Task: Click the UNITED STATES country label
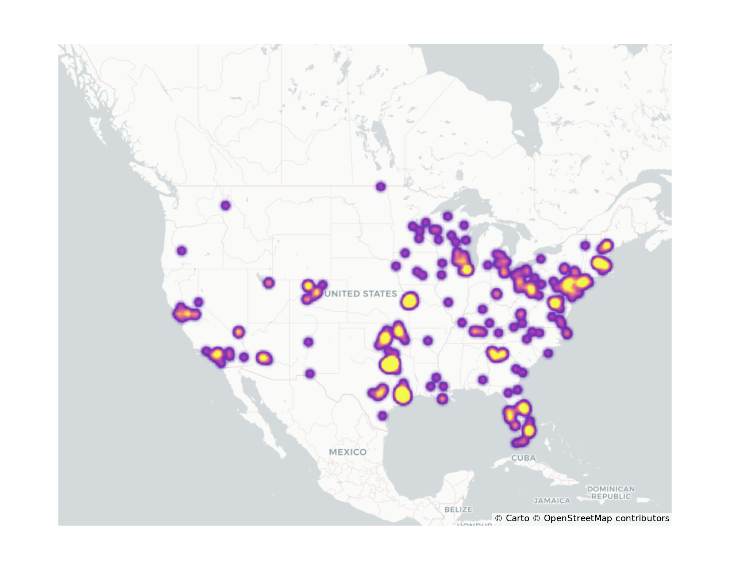361,294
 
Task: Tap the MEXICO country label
347,452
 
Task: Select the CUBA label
523,458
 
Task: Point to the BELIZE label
458,509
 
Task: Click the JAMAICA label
552,501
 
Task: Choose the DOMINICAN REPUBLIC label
611,492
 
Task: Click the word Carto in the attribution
517,518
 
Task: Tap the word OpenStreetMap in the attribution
578,518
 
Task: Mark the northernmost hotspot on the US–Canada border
381,187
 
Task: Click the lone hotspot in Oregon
182,251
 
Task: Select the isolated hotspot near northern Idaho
226,205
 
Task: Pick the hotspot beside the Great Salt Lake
269,283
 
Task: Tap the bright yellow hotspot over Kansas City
409,301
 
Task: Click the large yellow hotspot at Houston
403,395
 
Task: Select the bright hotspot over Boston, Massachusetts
601,263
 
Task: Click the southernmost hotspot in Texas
382,415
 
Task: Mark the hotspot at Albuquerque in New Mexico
308,342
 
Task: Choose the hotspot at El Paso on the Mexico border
310,374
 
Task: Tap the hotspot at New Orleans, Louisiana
442,399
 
